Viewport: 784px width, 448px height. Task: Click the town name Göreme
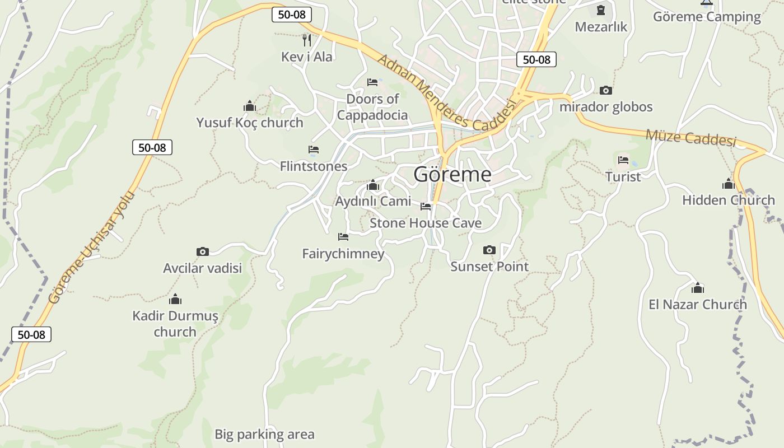pos(452,174)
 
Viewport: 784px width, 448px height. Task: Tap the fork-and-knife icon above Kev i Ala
pos(306,40)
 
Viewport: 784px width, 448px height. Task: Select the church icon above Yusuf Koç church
pos(250,106)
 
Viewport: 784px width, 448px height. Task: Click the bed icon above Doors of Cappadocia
pos(372,82)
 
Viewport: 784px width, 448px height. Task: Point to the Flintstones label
pos(314,166)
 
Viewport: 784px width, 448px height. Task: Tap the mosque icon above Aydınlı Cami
pos(373,185)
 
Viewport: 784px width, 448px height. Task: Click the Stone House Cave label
pos(426,223)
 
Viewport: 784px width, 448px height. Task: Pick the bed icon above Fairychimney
pos(343,237)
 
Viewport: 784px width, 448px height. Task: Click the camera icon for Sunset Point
pos(489,250)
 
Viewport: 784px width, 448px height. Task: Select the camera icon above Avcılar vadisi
pos(203,252)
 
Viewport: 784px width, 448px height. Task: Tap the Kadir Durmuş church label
pos(175,324)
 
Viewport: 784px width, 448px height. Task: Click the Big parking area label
pos(264,434)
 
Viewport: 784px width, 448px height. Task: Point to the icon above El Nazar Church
pos(698,288)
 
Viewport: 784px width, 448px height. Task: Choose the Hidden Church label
pos(728,200)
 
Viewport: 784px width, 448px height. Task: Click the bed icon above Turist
pos(623,160)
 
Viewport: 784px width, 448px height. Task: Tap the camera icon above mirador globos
pos(605,90)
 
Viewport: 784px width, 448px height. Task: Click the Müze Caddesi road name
pos(690,137)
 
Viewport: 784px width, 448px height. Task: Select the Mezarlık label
pos(601,27)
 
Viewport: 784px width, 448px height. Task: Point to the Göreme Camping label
pos(707,17)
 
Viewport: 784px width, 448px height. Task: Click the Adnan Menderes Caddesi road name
pos(446,92)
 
